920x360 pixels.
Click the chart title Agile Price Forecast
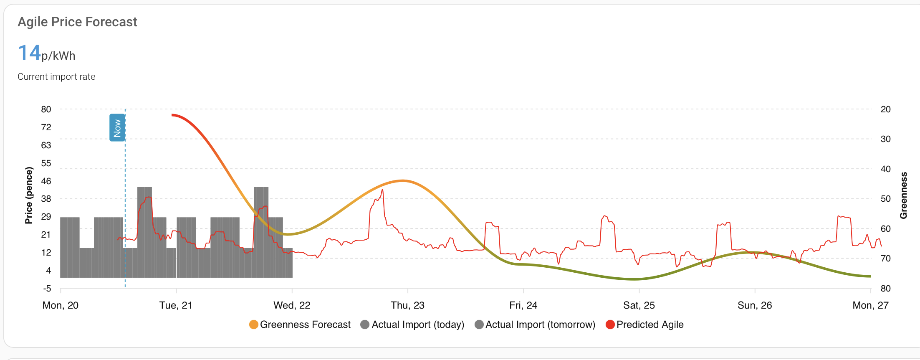coord(77,22)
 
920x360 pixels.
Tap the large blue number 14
coord(29,53)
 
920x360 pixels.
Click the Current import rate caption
coord(56,77)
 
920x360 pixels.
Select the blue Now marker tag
coord(117,128)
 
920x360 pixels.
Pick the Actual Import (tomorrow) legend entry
coord(535,325)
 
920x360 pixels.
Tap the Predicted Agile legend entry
coord(645,325)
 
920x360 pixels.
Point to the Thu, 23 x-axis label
coord(407,305)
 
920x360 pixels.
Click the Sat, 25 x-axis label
coord(639,305)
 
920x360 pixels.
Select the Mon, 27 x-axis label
coord(870,305)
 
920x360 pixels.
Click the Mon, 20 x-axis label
coord(61,305)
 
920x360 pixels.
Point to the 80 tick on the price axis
coord(46,109)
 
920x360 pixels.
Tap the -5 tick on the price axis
coord(47,289)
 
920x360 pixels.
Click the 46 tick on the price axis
coord(46,181)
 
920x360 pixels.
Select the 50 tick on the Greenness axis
coord(885,199)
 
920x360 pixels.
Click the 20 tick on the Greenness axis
coord(885,109)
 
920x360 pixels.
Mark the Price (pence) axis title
coord(29,195)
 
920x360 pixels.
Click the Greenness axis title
coord(904,195)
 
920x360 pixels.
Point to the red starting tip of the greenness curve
coord(172,115)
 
